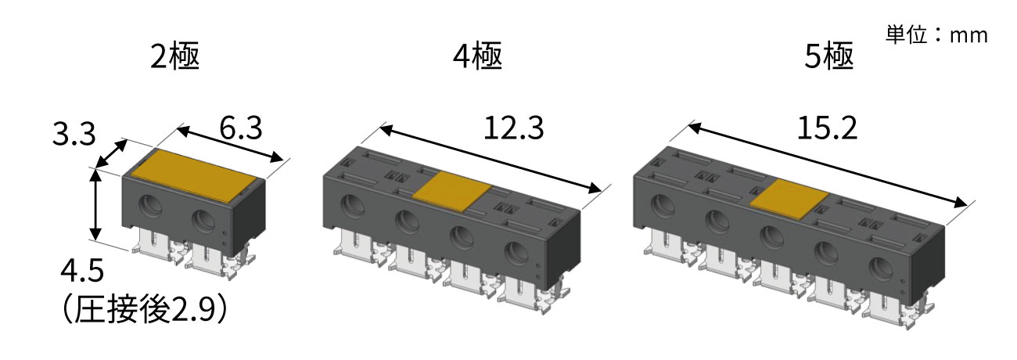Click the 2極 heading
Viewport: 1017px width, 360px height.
point(174,56)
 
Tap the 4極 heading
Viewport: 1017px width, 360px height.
point(478,56)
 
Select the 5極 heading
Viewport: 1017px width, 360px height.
point(829,56)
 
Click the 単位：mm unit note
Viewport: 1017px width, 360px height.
point(936,35)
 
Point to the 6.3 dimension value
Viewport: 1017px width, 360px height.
point(241,128)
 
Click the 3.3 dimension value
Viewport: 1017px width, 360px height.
point(74,135)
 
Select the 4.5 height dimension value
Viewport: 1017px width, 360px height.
point(82,271)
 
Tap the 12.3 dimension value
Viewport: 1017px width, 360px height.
point(513,128)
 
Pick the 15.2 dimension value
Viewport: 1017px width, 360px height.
point(827,128)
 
